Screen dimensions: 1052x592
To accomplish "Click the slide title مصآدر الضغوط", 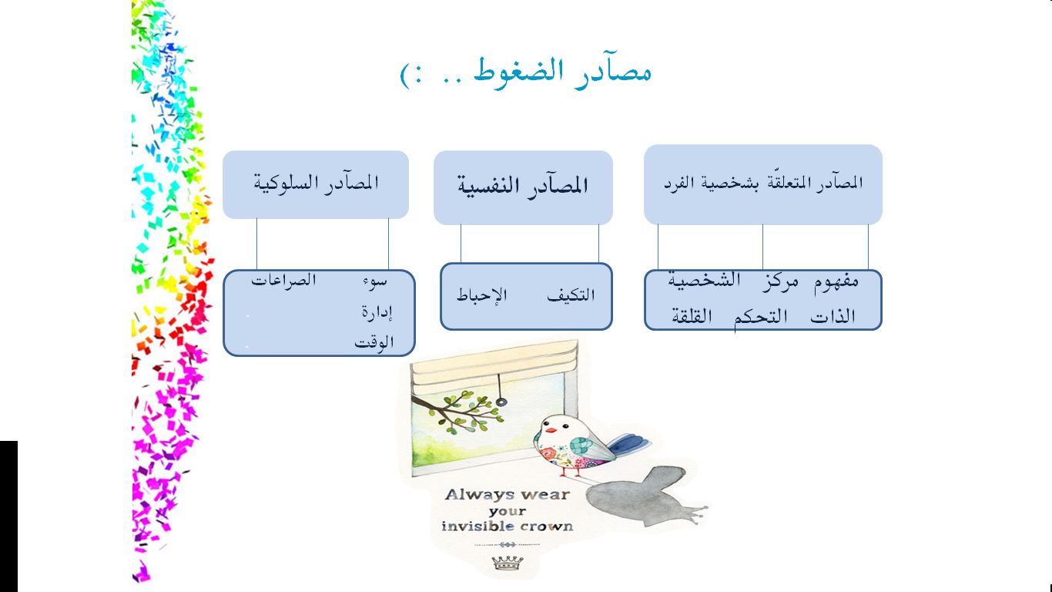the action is pyautogui.click(x=562, y=72).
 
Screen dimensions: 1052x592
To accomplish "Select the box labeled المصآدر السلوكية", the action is pyautogui.click(x=316, y=184).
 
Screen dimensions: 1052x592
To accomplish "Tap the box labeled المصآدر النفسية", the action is pyautogui.click(x=523, y=187).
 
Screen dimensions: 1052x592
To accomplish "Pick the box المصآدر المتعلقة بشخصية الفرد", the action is pyautogui.click(x=763, y=184).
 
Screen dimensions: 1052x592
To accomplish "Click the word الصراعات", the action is pyautogui.click(x=283, y=281).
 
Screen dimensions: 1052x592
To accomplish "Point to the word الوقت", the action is pyautogui.click(x=374, y=341).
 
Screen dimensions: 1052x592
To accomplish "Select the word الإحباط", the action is pyautogui.click(x=482, y=294).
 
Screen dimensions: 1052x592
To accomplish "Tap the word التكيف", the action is pyautogui.click(x=571, y=295).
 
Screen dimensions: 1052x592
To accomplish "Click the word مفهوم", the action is pyautogui.click(x=836, y=281).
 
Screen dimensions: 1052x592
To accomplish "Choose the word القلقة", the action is pyautogui.click(x=692, y=316).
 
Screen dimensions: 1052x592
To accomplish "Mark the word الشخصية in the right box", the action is pyautogui.click(x=705, y=281).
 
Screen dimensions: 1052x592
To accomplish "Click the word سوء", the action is pyautogui.click(x=375, y=282).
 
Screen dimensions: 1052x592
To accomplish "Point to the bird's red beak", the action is pyautogui.click(x=550, y=429).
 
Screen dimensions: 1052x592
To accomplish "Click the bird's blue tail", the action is pyautogui.click(x=628, y=444).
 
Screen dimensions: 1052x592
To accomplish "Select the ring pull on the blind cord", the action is pyautogui.click(x=501, y=402).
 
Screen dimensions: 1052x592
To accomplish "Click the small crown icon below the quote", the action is pyautogui.click(x=508, y=563).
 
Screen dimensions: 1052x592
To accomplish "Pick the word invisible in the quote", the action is pyautogui.click(x=476, y=526).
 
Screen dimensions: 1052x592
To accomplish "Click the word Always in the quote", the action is pyautogui.click(x=477, y=495).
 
